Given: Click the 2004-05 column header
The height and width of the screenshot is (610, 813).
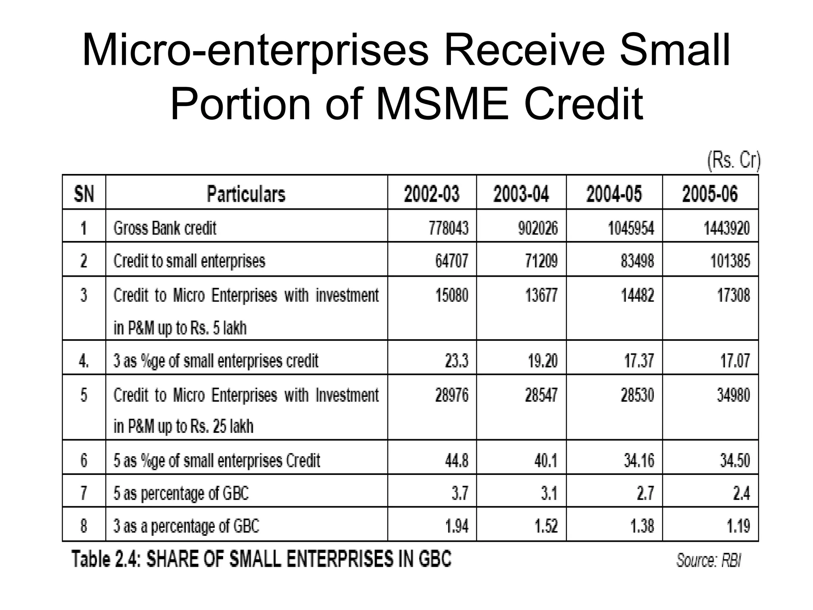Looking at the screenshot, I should (614, 194).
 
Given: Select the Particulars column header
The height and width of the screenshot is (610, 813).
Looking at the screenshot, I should (246, 194).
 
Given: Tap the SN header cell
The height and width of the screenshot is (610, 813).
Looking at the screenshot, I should (84, 194).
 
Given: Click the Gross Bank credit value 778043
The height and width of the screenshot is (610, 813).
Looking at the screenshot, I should (448, 228).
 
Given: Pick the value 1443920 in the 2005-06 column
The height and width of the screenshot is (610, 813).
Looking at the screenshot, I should (726, 228).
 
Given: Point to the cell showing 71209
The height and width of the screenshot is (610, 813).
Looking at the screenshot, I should (541, 261).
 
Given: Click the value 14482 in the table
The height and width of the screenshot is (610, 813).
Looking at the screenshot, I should (637, 295).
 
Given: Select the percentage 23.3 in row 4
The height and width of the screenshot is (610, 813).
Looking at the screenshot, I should (456, 361).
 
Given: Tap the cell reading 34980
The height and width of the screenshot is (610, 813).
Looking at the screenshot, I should (733, 395).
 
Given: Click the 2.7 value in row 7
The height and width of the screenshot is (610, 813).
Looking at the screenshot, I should (645, 493).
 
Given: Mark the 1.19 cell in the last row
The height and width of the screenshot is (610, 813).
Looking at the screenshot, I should (738, 526).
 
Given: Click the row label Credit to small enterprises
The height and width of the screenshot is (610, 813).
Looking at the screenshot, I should (189, 261).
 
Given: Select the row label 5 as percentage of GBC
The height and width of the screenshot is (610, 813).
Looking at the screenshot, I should (181, 493).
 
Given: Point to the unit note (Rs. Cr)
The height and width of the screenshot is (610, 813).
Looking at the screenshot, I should (734, 161).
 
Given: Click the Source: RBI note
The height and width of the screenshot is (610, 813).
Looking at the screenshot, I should (709, 560).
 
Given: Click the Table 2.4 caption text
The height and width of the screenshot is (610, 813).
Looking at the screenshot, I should (261, 559).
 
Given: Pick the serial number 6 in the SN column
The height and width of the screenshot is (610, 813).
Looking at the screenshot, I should (84, 460).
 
